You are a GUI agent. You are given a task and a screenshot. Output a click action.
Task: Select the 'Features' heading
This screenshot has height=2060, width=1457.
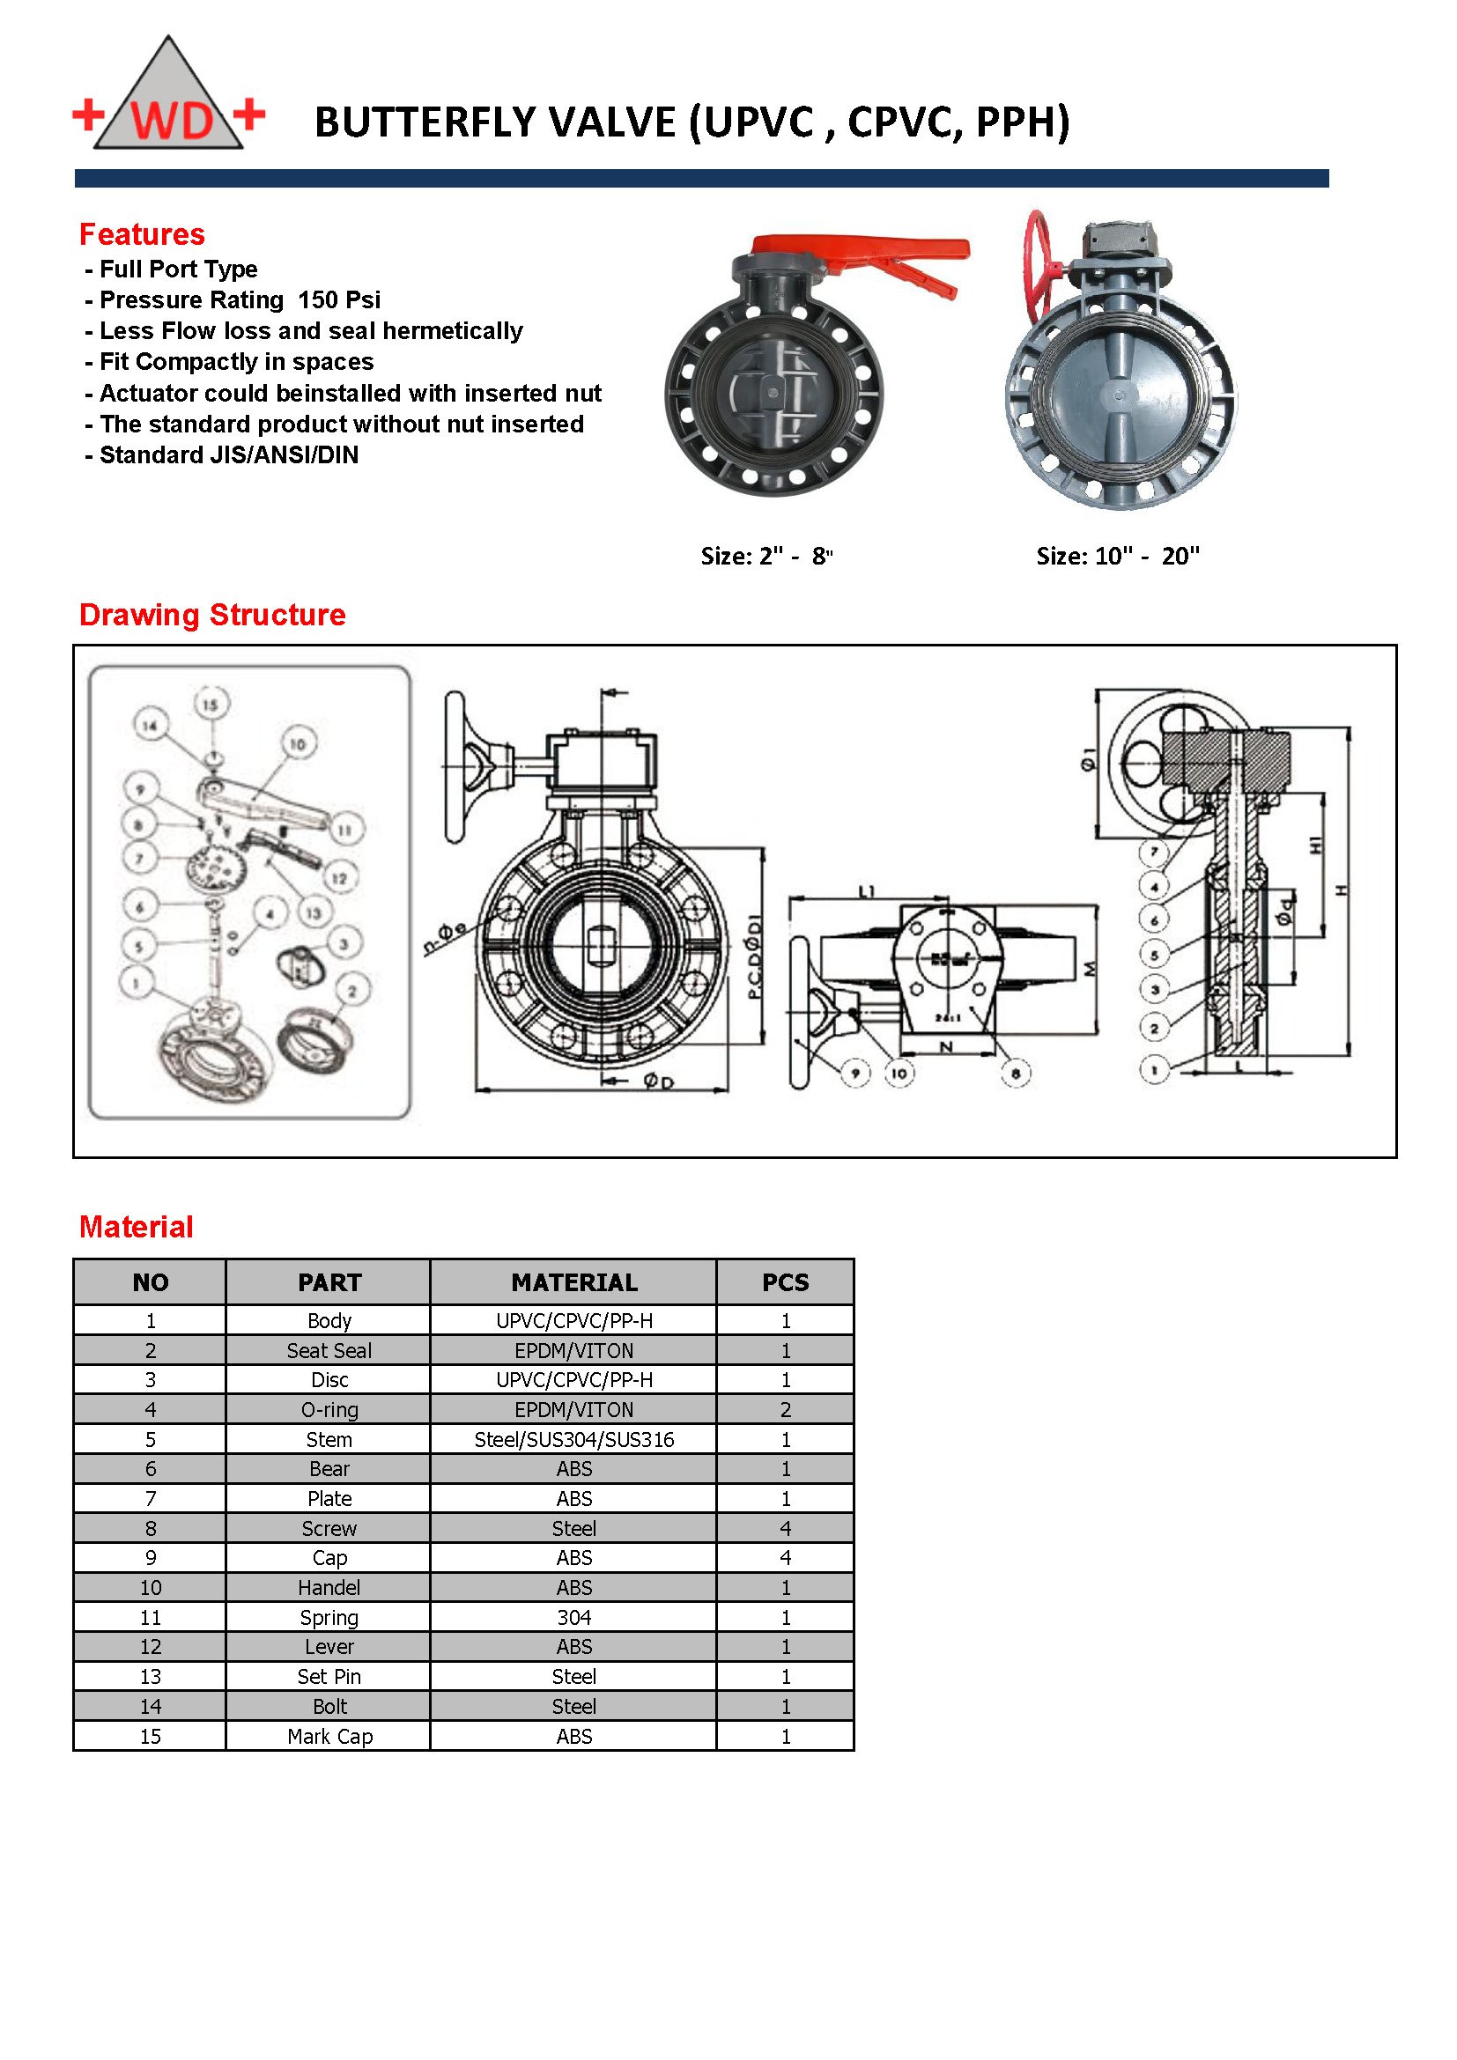point(142,234)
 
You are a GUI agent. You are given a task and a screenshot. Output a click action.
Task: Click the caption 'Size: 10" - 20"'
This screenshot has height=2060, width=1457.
point(1117,557)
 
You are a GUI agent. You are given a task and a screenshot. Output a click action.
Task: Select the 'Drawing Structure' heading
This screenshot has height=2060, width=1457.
point(212,615)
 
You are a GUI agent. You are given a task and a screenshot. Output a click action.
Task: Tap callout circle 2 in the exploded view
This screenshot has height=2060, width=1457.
point(351,992)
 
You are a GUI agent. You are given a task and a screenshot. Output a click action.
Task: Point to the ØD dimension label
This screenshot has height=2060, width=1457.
point(658,1082)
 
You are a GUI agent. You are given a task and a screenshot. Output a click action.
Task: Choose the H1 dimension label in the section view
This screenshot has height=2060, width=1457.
point(1315,845)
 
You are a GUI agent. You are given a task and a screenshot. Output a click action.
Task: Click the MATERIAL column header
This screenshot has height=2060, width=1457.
point(573,1282)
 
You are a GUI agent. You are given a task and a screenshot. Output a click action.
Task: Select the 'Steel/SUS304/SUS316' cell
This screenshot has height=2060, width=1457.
point(573,1440)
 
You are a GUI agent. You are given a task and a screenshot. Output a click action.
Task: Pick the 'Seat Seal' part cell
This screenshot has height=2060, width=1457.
point(329,1350)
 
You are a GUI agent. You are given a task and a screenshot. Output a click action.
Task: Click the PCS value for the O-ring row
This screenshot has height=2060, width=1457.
point(785,1409)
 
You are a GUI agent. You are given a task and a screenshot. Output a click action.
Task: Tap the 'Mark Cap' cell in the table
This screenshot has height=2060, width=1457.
point(329,1736)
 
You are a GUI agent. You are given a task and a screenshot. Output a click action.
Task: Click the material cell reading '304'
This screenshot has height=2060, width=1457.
point(573,1617)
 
